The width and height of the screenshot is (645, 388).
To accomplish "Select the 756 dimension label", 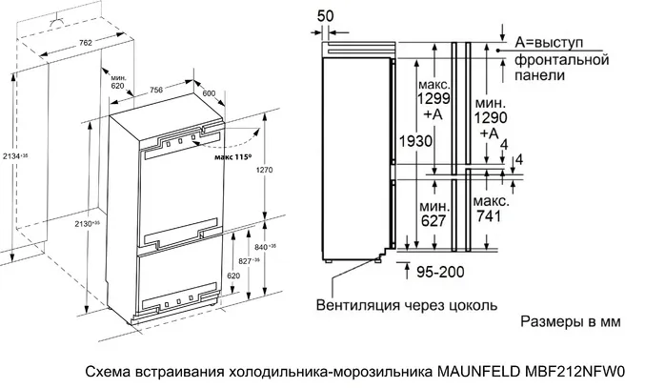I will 155,90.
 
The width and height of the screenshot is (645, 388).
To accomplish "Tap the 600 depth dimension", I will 210,92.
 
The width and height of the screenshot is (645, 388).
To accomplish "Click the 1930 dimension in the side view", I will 415,141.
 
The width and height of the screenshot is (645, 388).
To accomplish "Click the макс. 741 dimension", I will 490,210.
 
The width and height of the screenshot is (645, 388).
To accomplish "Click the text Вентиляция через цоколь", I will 406,305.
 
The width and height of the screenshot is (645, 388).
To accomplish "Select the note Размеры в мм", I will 570,323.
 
